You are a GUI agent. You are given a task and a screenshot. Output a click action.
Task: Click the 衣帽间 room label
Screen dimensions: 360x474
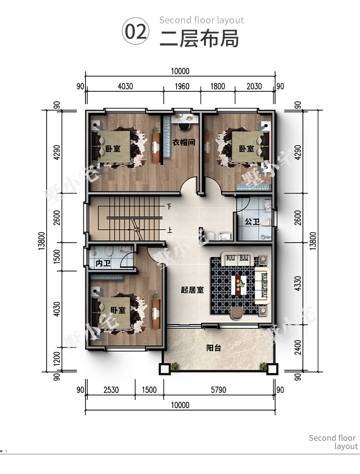(x=184, y=142)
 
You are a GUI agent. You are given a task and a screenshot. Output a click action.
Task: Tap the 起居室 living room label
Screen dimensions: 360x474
(x=192, y=290)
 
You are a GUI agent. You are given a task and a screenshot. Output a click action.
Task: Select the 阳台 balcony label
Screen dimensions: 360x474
(x=214, y=348)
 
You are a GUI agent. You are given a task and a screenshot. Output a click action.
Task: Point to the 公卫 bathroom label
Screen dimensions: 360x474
(x=252, y=222)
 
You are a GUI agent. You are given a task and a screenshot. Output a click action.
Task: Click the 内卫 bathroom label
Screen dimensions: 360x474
(x=103, y=263)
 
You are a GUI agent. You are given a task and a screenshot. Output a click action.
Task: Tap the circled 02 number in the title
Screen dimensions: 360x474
(x=136, y=31)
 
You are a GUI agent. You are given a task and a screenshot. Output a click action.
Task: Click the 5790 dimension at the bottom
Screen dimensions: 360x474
(x=218, y=390)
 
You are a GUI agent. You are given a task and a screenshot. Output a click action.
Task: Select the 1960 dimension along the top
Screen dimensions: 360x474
(x=182, y=86)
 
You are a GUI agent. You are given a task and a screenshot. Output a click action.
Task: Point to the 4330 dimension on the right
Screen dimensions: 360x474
(x=298, y=283)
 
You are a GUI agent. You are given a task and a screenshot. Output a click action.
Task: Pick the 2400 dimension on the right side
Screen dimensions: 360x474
(x=298, y=347)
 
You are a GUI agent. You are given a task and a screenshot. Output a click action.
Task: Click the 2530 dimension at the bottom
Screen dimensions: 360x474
(x=111, y=390)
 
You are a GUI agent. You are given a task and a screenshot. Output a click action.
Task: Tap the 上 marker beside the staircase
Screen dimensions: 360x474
(x=169, y=231)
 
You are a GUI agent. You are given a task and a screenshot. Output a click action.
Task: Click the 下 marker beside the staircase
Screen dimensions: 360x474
(x=169, y=207)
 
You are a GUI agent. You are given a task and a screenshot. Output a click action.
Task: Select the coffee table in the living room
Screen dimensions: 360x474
(x=239, y=285)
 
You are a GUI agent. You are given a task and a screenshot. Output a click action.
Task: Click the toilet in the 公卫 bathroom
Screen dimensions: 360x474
(x=265, y=222)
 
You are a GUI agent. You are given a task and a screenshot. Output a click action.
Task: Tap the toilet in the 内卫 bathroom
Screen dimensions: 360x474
(x=108, y=250)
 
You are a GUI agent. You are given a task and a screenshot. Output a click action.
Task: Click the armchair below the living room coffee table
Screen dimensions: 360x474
(x=237, y=313)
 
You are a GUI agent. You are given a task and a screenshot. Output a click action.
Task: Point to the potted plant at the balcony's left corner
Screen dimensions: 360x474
(x=175, y=367)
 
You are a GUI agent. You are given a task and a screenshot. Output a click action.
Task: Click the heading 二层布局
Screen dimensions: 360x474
(x=199, y=38)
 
